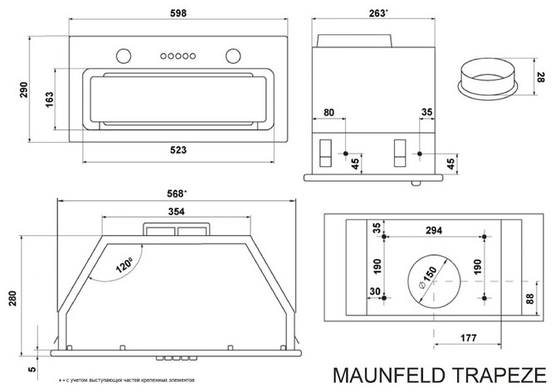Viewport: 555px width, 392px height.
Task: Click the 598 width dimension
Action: pos(178,13)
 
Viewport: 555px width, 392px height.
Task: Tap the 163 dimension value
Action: pos(49,99)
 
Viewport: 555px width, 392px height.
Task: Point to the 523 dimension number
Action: pos(178,149)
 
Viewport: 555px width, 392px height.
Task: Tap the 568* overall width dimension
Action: pos(176,194)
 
